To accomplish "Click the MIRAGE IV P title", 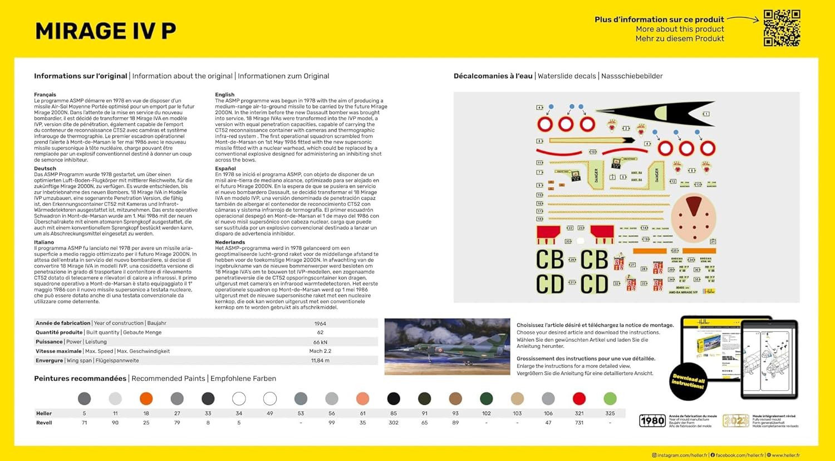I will click(x=106, y=31).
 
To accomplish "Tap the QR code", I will click(x=782, y=28).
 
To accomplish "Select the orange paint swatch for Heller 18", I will click(x=146, y=399).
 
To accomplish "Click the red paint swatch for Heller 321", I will click(x=579, y=399).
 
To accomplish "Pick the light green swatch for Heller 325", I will click(x=610, y=399).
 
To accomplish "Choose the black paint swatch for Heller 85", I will click(x=394, y=399).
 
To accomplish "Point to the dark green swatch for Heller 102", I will click(x=486, y=399).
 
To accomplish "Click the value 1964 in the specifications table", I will click(x=320, y=323).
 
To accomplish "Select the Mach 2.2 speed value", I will click(x=320, y=351).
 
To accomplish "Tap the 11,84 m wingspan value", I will click(x=320, y=361).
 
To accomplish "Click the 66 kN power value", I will click(x=320, y=342).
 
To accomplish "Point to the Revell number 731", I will click(x=579, y=423).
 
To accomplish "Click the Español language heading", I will click(x=225, y=168).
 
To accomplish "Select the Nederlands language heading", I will click(x=230, y=242).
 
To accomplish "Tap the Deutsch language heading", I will click(x=45, y=168).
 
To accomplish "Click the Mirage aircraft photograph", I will click(x=447, y=346).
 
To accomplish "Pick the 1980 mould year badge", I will click(x=652, y=421).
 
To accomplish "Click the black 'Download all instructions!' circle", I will click(x=688, y=382).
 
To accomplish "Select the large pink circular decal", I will click(x=693, y=218).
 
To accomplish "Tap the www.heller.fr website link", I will click(x=785, y=455).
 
